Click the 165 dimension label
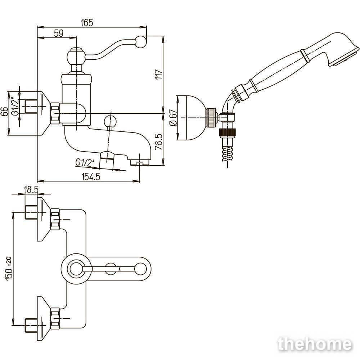coord(87,23)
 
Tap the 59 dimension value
coord(59,33)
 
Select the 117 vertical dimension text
coord(159,74)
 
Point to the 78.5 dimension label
coord(159,141)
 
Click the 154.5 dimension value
coord(91,177)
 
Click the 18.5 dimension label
coord(31,190)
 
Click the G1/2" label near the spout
coord(85,163)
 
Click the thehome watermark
coord(315,345)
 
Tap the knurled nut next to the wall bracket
coord(211,117)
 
